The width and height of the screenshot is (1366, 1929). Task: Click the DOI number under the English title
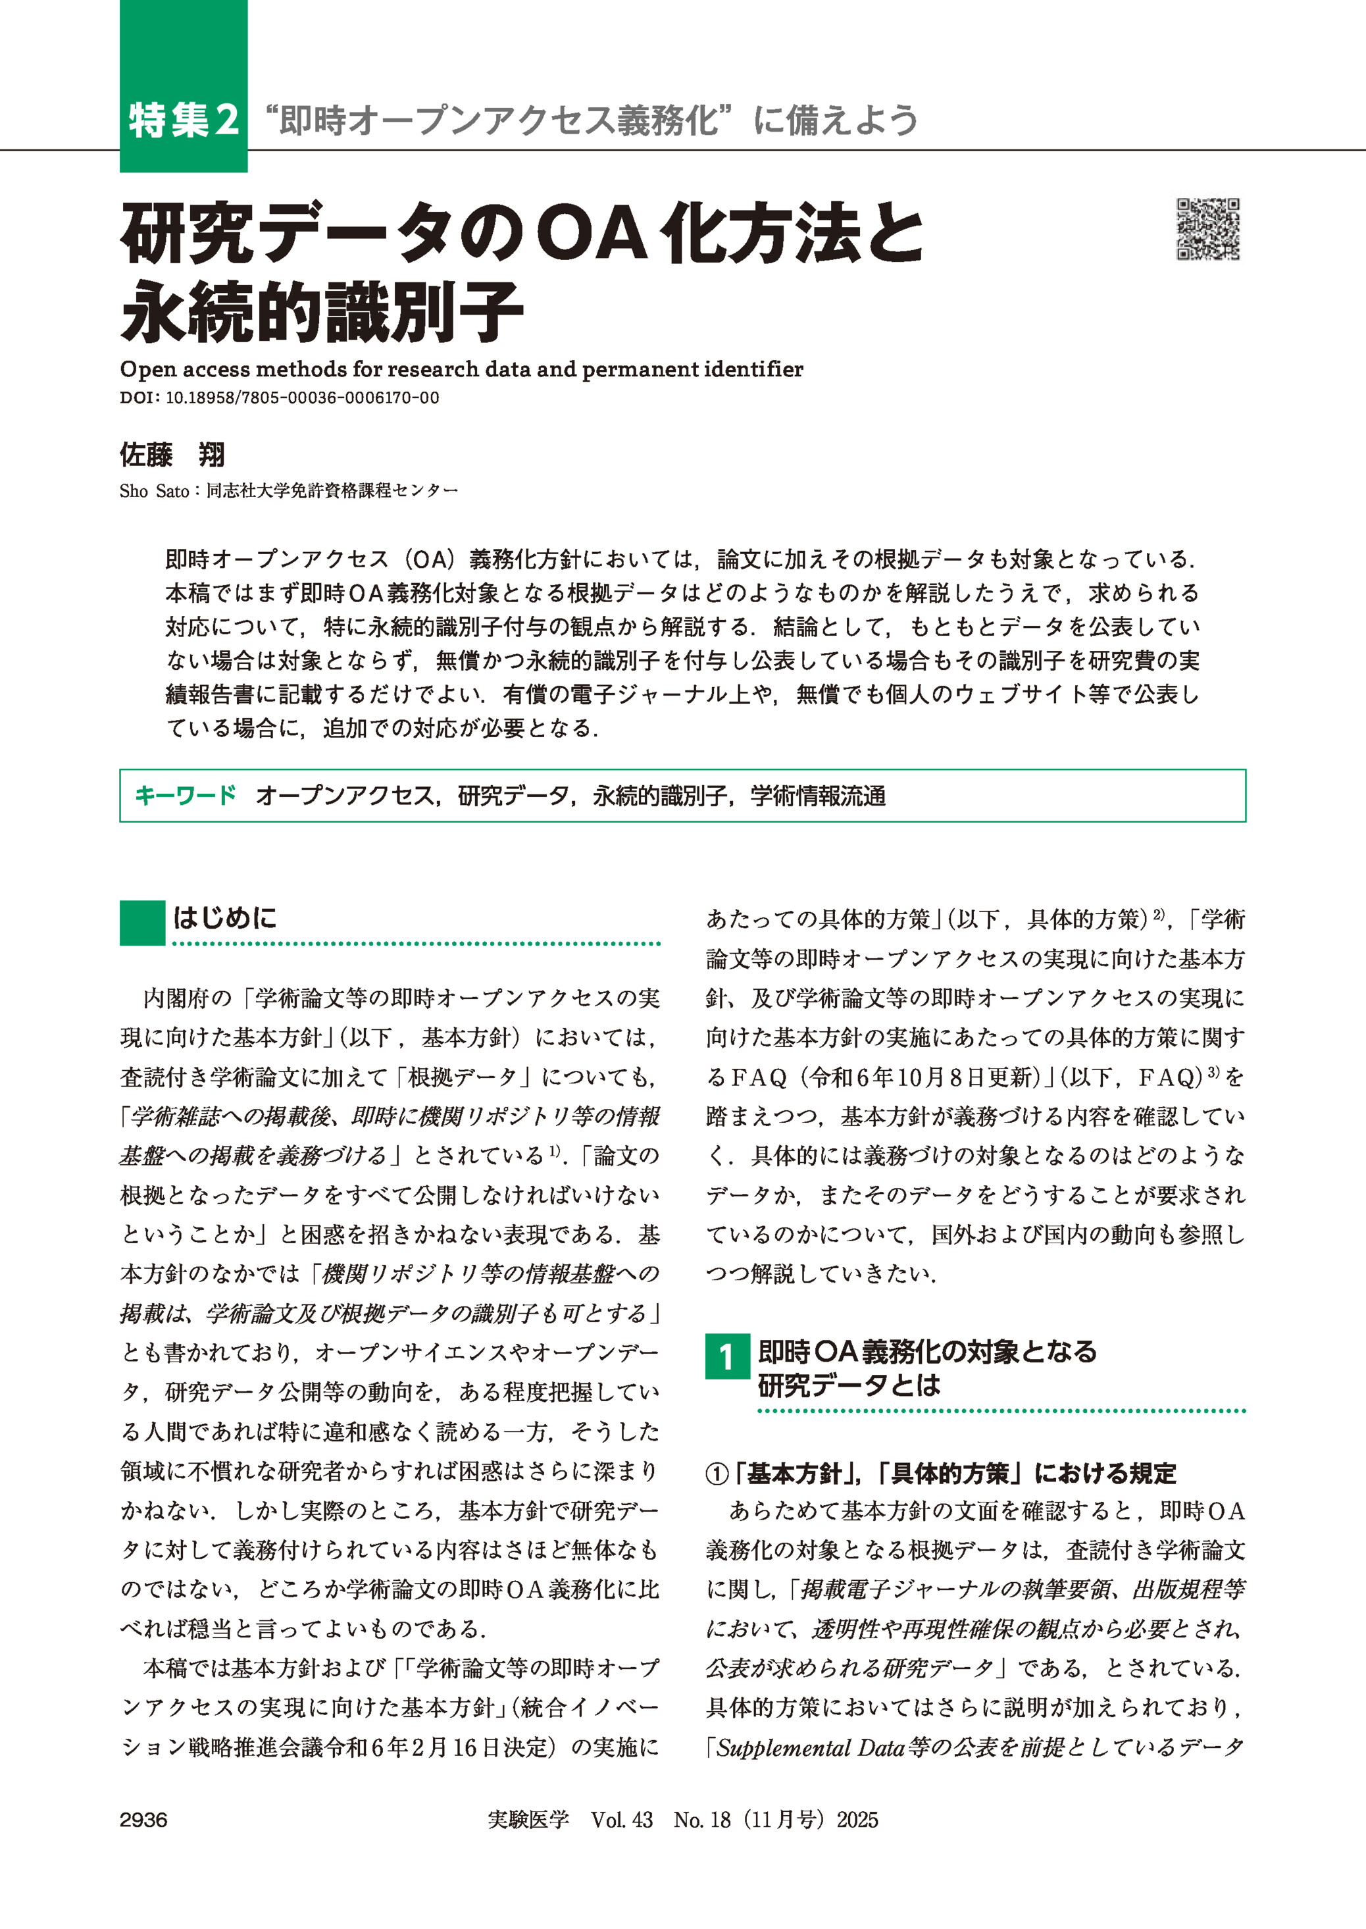[302, 398]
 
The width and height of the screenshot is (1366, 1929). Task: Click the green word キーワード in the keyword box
[185, 795]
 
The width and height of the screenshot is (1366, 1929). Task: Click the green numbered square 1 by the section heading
[726, 1357]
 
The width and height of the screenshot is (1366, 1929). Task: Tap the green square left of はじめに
[142, 923]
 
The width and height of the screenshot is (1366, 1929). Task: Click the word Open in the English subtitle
[148, 369]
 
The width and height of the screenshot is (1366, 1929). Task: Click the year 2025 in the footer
[857, 1820]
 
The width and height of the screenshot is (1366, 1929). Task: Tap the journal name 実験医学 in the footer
[528, 1820]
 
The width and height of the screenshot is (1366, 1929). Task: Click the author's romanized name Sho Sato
[154, 491]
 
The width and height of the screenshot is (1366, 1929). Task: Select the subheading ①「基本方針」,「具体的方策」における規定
[940, 1473]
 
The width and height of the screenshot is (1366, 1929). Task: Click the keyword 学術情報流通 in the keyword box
[818, 796]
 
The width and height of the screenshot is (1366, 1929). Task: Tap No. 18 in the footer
[701, 1820]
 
